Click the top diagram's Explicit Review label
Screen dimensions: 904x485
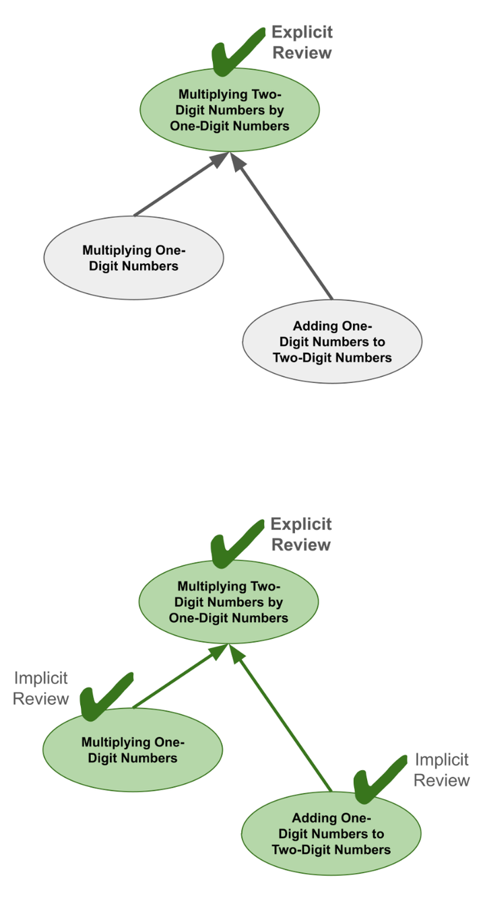click(x=302, y=42)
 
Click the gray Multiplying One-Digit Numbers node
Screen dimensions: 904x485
click(x=133, y=258)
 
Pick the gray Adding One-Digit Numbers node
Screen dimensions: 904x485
click(x=332, y=341)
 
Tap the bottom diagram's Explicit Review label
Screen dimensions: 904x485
click(x=301, y=534)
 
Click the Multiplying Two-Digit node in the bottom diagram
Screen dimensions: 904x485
click(x=228, y=602)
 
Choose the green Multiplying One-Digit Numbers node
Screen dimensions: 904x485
click(x=133, y=750)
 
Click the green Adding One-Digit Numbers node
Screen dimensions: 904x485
click(x=331, y=833)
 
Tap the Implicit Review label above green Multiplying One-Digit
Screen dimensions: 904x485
click(x=41, y=689)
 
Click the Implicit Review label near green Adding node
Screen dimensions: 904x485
click(x=441, y=770)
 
